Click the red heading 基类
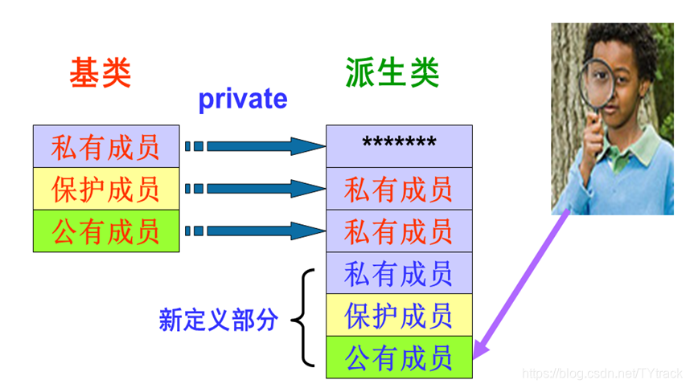tap(100, 74)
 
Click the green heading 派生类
tap(392, 73)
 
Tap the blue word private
tap(242, 99)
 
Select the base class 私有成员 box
tap(105, 146)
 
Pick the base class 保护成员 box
tap(105, 189)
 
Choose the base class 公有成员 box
tap(105, 231)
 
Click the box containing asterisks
tap(399, 146)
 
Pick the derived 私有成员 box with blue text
tap(399, 273)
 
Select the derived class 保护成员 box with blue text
tap(399, 315)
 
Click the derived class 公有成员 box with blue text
tap(399, 357)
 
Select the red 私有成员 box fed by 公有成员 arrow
tap(399, 231)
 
